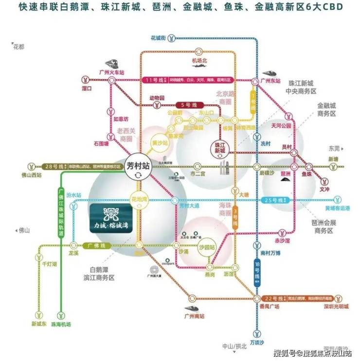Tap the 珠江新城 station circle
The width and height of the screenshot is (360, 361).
(220, 148)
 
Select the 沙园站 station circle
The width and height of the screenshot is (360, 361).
(209, 245)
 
